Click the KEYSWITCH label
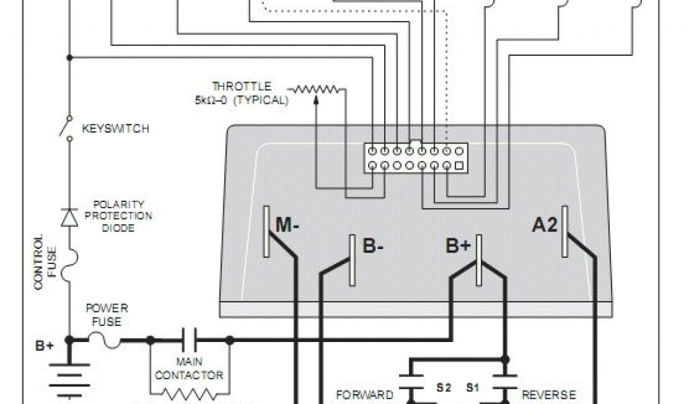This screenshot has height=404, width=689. click(x=114, y=128)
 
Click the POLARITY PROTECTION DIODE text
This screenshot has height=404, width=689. click(x=122, y=215)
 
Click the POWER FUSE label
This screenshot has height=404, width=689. click(x=106, y=314)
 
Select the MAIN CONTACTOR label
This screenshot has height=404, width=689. click(x=190, y=368)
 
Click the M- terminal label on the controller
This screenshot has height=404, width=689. click(x=287, y=226)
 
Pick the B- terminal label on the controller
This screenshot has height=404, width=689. click(x=373, y=246)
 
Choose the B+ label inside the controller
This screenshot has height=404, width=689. click(x=458, y=246)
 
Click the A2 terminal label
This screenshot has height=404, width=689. click(x=544, y=226)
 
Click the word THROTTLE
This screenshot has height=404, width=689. click(x=242, y=86)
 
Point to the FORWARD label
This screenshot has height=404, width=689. click(x=364, y=395)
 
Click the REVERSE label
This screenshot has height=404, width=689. click(x=549, y=395)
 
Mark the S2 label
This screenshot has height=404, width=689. click(x=443, y=389)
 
